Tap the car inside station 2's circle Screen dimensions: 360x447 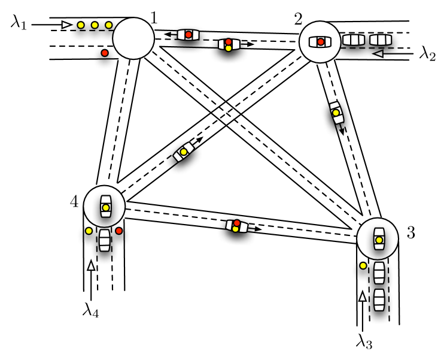pos(320,41)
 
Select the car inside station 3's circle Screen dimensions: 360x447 pos(378,239)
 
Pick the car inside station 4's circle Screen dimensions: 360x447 pos(105,205)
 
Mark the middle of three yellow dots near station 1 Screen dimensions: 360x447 pos(95,25)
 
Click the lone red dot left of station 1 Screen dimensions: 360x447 pos(105,53)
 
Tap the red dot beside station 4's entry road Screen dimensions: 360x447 pos(119,231)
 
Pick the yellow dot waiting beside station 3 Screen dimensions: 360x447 pos(363,265)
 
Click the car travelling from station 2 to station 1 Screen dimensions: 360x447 pos(188,35)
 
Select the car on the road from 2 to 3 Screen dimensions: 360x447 pos(337,113)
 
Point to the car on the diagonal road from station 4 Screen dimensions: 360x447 pos(184,152)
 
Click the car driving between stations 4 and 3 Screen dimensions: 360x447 pos(237,226)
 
